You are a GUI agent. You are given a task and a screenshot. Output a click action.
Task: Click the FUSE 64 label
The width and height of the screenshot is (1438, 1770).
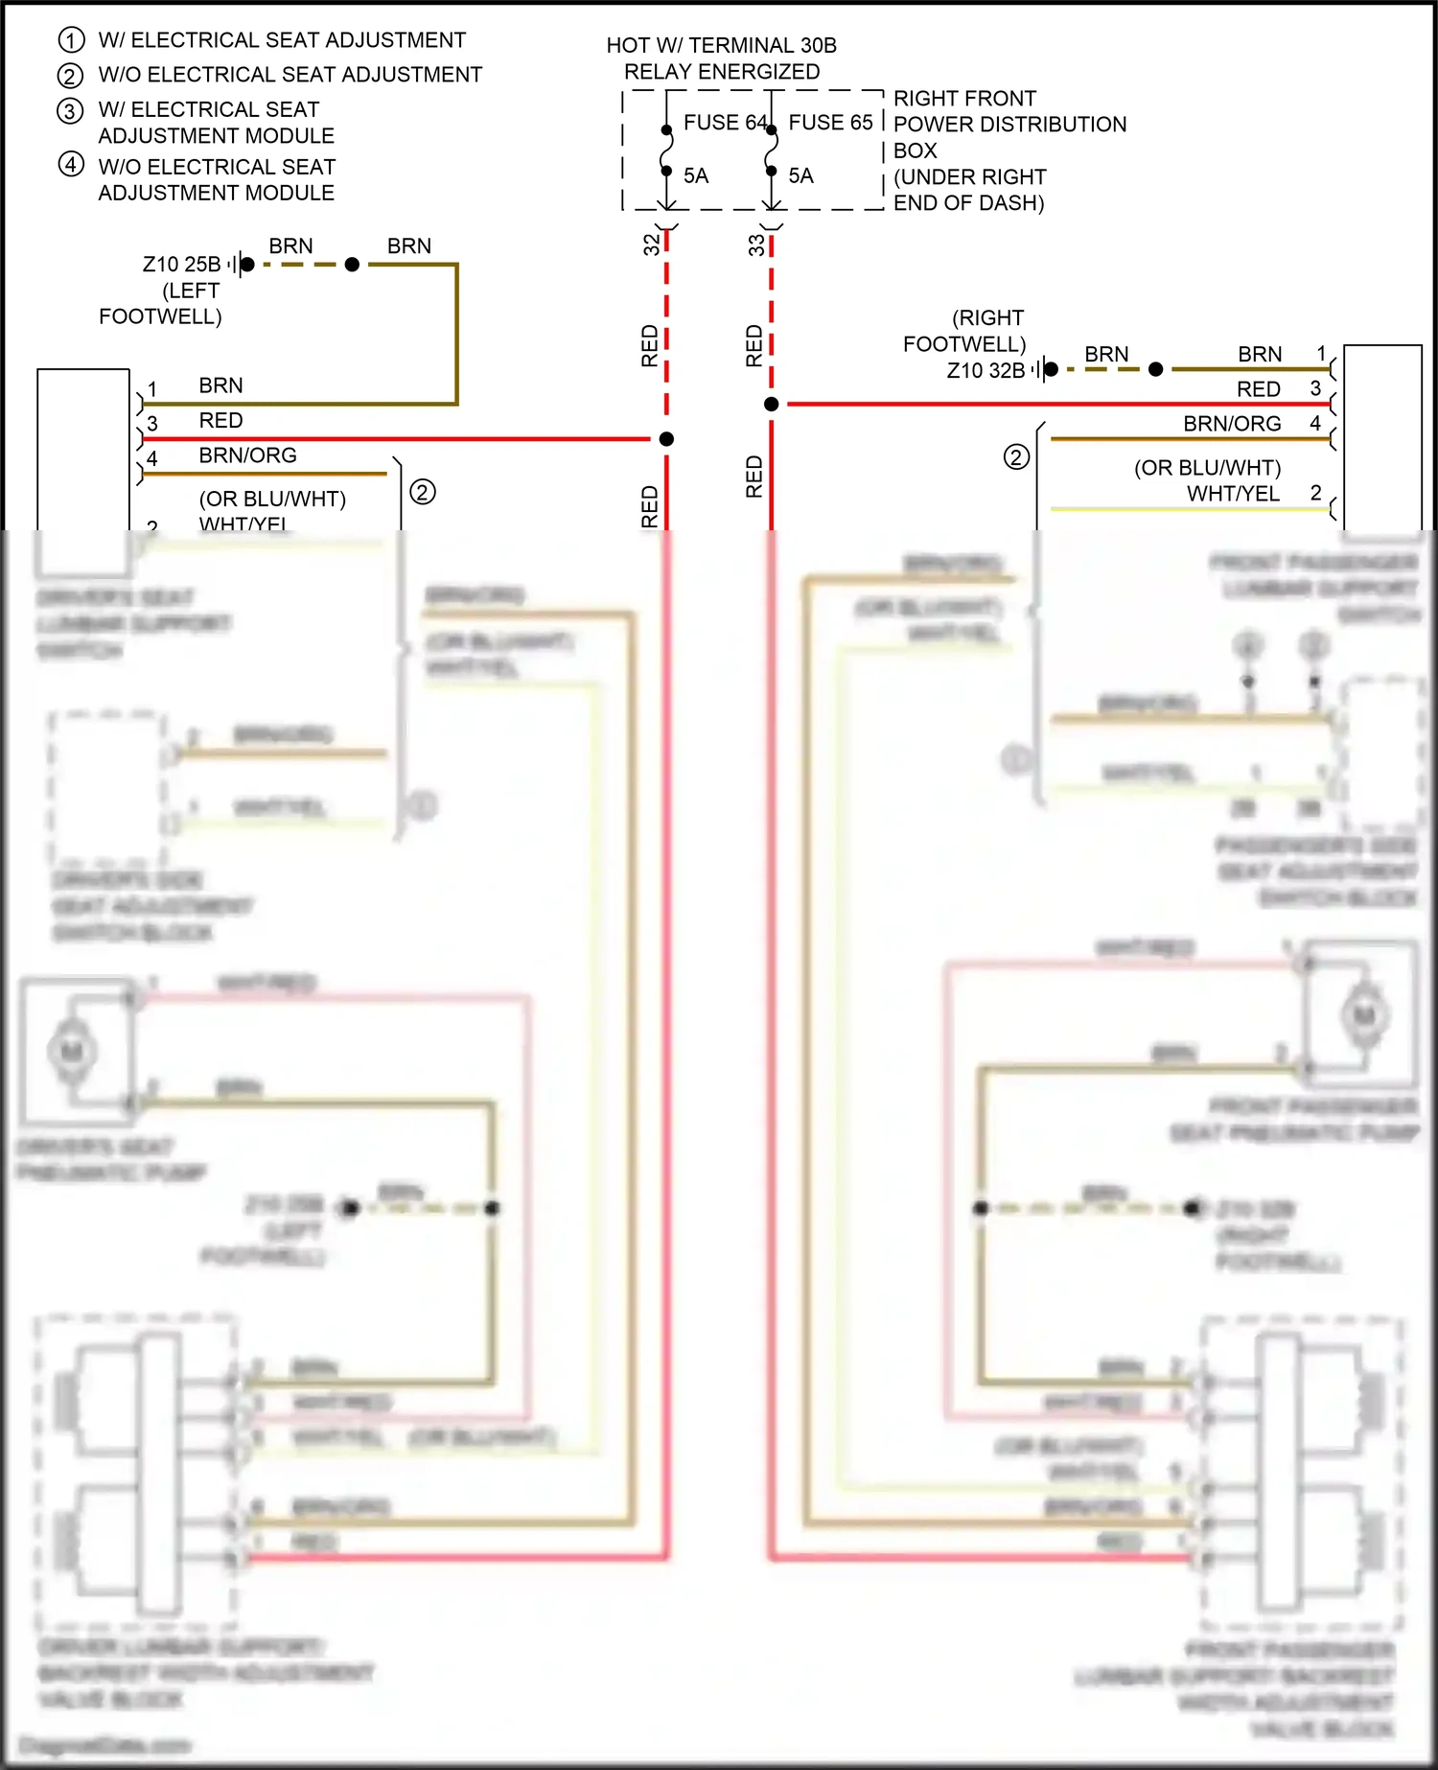click(725, 123)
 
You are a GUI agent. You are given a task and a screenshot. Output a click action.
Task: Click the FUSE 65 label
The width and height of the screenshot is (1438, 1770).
click(830, 123)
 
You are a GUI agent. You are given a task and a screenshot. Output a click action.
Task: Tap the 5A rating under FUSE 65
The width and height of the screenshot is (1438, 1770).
click(800, 176)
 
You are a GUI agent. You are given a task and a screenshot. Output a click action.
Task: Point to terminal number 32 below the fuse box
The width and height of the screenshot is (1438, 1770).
click(652, 245)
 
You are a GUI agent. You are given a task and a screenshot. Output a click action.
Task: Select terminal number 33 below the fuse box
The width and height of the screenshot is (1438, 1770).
click(756, 245)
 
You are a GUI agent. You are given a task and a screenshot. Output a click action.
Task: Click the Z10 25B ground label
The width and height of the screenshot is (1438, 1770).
click(181, 264)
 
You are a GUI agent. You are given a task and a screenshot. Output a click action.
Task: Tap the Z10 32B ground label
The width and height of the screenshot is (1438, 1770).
click(986, 370)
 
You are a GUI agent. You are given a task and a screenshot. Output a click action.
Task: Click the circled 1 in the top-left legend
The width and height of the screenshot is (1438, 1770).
click(71, 40)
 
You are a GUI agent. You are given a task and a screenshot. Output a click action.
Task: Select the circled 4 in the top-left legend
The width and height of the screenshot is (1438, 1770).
click(71, 165)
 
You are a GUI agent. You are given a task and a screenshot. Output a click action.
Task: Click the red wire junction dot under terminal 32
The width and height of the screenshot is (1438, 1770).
click(666, 439)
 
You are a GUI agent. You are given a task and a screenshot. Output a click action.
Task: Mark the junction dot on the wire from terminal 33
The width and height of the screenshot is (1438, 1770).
click(771, 405)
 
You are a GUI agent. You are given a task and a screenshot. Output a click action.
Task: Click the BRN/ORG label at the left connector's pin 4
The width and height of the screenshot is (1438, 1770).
click(247, 455)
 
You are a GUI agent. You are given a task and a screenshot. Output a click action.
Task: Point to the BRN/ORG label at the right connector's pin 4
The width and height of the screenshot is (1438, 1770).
click(1232, 424)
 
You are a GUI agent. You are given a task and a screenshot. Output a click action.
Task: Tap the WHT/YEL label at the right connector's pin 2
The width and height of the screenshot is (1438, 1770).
click(1233, 494)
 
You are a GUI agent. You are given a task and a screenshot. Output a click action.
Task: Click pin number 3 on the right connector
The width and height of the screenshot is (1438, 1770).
click(1315, 388)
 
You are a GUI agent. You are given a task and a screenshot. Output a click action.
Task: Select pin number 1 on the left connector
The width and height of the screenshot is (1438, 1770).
click(152, 389)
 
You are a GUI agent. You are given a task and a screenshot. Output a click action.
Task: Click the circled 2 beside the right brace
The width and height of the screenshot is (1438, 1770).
click(1016, 457)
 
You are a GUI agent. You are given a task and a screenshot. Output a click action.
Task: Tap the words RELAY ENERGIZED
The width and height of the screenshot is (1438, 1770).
click(722, 72)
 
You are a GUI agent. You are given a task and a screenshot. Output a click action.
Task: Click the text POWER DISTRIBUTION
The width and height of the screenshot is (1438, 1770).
click(1009, 125)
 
